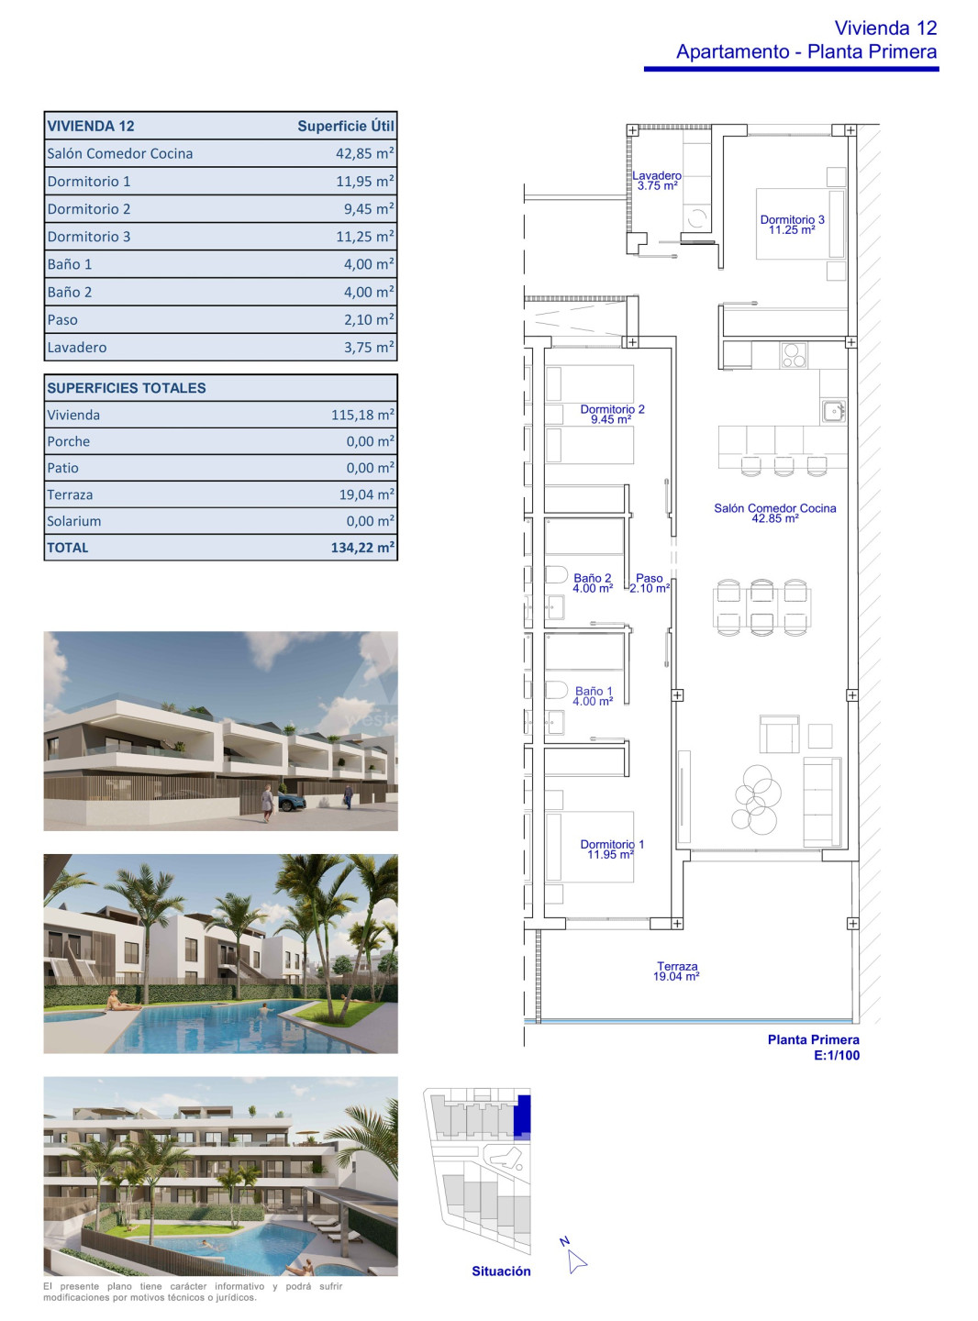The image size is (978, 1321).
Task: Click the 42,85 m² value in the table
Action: pos(364,153)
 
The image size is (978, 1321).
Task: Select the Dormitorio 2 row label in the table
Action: pos(89,209)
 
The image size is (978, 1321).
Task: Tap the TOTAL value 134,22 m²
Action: pos(362,548)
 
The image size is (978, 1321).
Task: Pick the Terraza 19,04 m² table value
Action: pos(366,494)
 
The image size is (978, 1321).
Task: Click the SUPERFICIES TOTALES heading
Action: pos(127,388)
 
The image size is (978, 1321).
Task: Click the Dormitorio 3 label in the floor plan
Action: pos(792,225)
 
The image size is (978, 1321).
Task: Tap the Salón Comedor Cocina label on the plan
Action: pos(775,513)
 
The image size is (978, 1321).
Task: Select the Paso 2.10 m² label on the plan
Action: pos(650,583)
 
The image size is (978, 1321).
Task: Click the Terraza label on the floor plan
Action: pos(677,971)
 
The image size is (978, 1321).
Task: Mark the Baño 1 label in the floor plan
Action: pos(594,695)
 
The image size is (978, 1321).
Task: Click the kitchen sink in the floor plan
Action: pos(833,411)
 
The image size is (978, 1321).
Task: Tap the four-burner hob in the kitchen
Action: pos(794,356)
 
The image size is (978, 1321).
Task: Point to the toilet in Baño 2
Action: pos(556,575)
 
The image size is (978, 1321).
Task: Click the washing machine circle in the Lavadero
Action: pos(697,218)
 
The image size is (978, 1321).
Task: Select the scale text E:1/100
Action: pos(837,1055)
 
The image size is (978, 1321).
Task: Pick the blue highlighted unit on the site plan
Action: pos(522,1117)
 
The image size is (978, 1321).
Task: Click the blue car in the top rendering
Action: pos(292,804)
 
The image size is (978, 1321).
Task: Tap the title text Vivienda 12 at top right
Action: pos(885,28)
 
